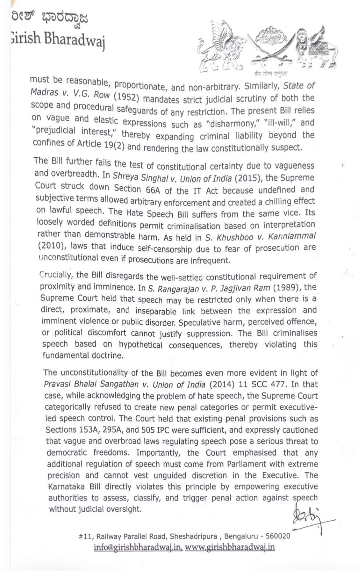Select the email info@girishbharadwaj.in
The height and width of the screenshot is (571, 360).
point(138,548)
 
